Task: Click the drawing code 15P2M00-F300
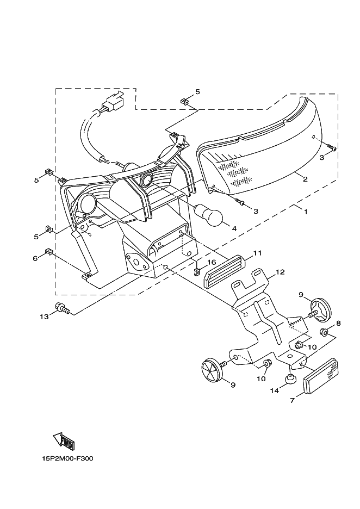point(67,458)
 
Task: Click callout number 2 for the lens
point(305,179)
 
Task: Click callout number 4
point(234,229)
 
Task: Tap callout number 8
point(338,323)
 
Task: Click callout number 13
point(44,316)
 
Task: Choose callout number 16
point(211,262)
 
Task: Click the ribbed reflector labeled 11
point(225,271)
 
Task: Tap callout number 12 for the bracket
point(280,271)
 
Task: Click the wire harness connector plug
point(114,101)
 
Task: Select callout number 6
point(35,258)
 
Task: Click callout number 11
point(257,253)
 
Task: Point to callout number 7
point(292,401)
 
